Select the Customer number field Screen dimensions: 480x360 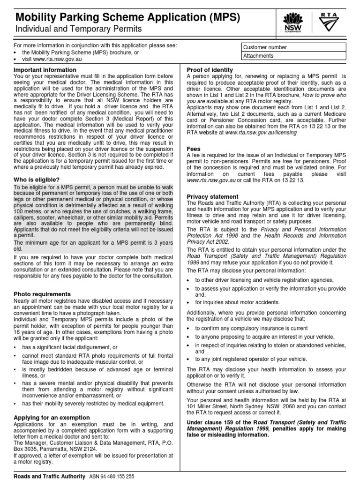[x=293, y=47]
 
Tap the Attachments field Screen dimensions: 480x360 [x=293, y=56]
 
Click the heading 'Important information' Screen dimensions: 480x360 [x=45, y=70]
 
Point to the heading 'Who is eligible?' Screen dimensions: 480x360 [x=37, y=180]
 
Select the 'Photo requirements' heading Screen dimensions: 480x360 [x=42, y=293]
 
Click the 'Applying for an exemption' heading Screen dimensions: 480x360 [x=52, y=417]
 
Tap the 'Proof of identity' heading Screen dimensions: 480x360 [x=210, y=70]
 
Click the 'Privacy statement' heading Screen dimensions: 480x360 [x=212, y=196]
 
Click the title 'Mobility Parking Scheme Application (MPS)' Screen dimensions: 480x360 [x=128, y=18]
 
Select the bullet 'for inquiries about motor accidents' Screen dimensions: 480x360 [x=237, y=302]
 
